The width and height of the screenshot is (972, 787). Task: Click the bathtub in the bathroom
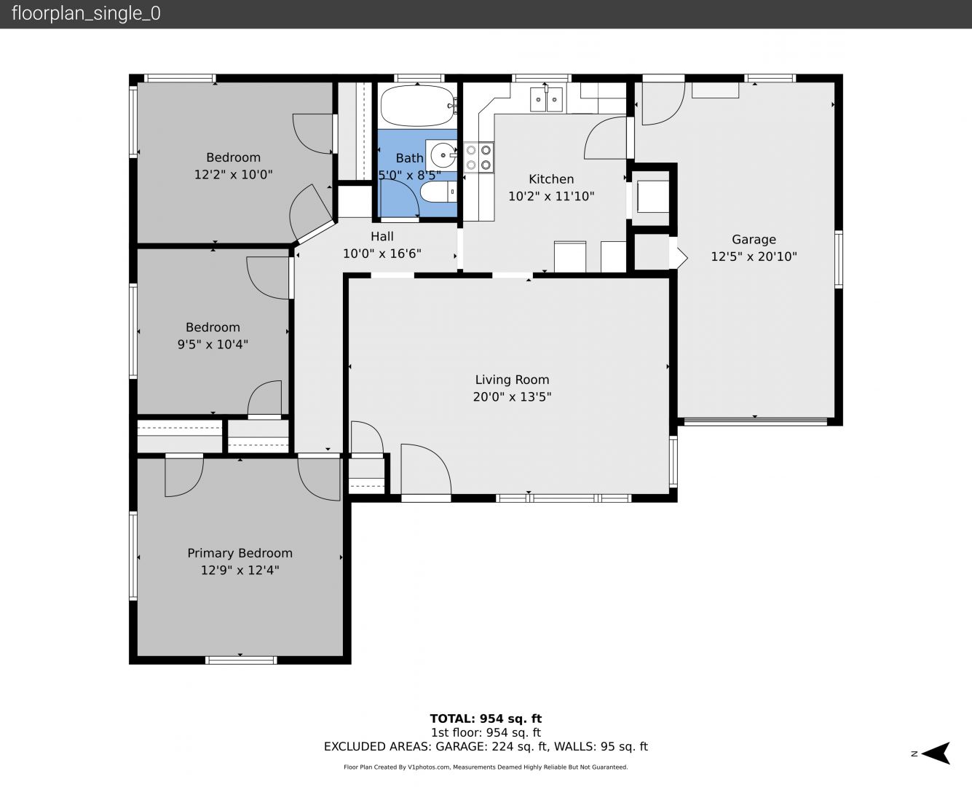click(417, 106)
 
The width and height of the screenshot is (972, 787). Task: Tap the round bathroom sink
click(443, 155)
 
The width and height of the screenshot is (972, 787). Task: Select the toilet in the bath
click(438, 192)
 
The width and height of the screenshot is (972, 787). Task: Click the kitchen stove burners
click(478, 157)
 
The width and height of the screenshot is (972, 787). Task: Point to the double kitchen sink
click(546, 99)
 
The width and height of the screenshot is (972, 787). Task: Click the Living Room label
click(512, 380)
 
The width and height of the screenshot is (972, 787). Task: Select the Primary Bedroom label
click(240, 553)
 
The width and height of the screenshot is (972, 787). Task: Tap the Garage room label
click(754, 239)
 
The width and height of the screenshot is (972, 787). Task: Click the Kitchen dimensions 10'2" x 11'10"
click(551, 197)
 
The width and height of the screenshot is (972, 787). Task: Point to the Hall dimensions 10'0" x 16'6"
click(382, 254)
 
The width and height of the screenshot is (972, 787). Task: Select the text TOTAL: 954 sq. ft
click(486, 719)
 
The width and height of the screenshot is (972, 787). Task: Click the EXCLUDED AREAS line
click(486, 747)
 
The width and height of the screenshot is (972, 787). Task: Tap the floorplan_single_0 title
click(86, 14)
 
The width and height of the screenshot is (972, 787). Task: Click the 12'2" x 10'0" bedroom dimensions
click(234, 175)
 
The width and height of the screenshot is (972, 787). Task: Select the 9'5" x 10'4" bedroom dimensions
click(213, 345)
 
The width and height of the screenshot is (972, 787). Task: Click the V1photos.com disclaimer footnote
click(486, 767)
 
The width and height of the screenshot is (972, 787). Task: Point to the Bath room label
click(409, 158)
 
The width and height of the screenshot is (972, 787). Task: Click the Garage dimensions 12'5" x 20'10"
click(754, 257)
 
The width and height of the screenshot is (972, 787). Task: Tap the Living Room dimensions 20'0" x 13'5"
click(512, 397)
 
